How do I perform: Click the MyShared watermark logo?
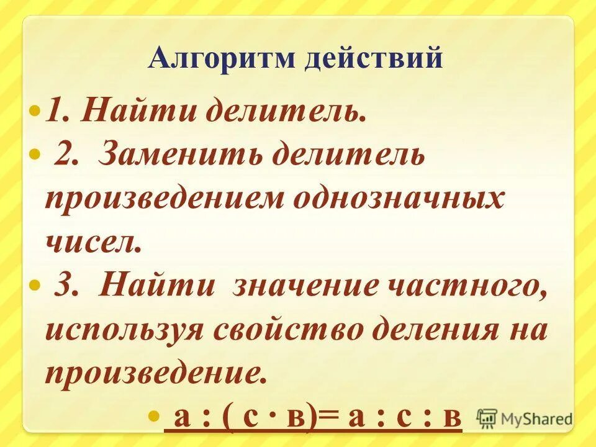click(525, 418)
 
